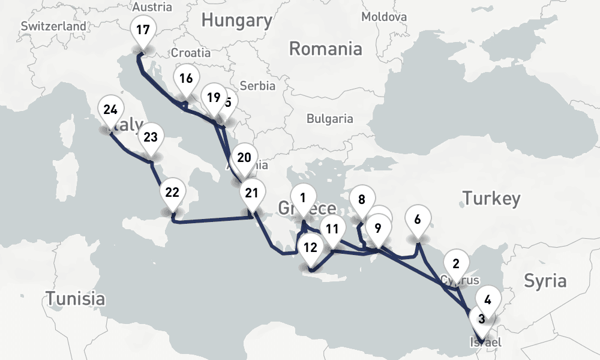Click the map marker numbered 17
click(x=143, y=31)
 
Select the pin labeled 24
click(x=110, y=110)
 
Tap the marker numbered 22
click(x=172, y=193)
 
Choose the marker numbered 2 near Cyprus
click(x=456, y=264)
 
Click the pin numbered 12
click(x=310, y=247)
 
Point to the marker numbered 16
click(x=186, y=79)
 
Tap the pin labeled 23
click(x=151, y=137)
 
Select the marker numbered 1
click(x=303, y=198)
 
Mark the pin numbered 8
click(x=362, y=201)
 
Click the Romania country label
click(x=325, y=48)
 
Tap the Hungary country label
click(x=236, y=20)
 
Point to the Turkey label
click(x=491, y=198)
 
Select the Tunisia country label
click(x=76, y=298)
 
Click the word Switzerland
click(x=53, y=26)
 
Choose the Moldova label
click(x=385, y=17)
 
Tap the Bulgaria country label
click(x=330, y=119)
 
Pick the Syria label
click(x=545, y=280)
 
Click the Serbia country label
click(x=257, y=86)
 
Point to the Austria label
click(x=152, y=7)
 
